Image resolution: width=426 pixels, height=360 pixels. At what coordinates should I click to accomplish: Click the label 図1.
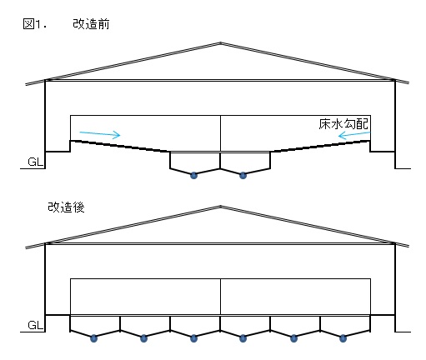click(x=34, y=24)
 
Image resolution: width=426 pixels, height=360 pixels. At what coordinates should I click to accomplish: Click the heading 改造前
click(x=91, y=24)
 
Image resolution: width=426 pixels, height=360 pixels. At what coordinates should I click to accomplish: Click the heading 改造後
click(x=66, y=207)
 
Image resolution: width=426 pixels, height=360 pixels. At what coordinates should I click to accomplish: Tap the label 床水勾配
click(x=343, y=124)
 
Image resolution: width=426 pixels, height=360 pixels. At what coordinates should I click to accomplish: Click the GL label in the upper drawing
click(x=36, y=162)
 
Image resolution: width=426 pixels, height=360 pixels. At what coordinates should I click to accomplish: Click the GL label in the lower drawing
click(x=36, y=325)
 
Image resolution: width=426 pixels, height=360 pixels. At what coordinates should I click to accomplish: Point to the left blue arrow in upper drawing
click(x=100, y=134)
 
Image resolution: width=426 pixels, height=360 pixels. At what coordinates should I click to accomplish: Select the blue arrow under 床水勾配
click(x=354, y=135)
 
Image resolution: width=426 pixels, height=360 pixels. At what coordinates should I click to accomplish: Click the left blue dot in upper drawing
click(x=193, y=175)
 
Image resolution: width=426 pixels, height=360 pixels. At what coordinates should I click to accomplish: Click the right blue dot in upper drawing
click(x=243, y=175)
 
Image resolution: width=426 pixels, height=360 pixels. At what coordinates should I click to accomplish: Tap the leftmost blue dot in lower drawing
click(x=94, y=338)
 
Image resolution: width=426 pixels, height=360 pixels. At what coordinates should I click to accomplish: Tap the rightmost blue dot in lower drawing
click(x=343, y=338)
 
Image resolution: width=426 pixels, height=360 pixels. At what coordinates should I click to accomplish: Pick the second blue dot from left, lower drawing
click(x=143, y=338)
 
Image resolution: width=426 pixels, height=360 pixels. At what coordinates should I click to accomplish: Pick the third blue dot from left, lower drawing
click(x=193, y=338)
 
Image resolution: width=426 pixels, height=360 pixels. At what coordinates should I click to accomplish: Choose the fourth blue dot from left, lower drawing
click(x=243, y=338)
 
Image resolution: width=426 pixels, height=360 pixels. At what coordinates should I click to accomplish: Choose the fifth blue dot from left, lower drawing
click(x=293, y=338)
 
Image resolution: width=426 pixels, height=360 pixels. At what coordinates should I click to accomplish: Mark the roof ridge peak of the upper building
click(x=220, y=42)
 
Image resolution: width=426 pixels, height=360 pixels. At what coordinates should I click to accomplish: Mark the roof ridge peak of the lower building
click(x=220, y=206)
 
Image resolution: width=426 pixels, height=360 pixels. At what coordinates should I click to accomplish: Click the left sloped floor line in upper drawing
click(x=120, y=146)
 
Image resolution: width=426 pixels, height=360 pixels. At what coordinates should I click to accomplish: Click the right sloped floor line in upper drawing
click(x=320, y=146)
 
